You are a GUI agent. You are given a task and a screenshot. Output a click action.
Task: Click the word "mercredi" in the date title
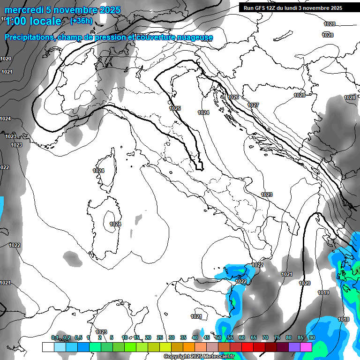pos(22,10)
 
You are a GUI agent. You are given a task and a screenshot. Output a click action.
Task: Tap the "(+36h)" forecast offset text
pos(81,21)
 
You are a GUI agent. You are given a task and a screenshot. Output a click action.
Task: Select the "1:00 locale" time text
pos(33,21)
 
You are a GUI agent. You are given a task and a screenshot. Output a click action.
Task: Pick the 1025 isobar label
pos(175,108)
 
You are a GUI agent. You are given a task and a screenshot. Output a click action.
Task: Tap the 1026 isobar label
pos(233,97)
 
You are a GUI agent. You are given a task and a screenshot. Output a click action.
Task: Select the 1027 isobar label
pos(254,105)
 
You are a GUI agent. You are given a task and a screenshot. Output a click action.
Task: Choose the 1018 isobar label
pos(344,320)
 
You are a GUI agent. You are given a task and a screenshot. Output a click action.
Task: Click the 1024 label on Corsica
pos(98,171)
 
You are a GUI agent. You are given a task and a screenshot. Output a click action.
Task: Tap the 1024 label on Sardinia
pos(115,225)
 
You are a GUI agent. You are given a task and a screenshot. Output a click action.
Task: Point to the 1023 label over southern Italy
pos(267,195)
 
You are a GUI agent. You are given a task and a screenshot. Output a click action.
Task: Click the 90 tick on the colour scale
pos(312,337)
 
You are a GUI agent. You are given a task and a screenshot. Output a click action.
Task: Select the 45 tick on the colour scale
pos(206,337)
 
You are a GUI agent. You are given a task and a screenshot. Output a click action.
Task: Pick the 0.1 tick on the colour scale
pos(55,337)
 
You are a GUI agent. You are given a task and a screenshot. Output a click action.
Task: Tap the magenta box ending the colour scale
pos(306,347)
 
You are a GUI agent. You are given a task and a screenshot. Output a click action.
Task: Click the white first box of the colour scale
pos(48,347)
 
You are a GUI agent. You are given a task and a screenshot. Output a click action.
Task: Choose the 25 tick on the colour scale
pos(159,337)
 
